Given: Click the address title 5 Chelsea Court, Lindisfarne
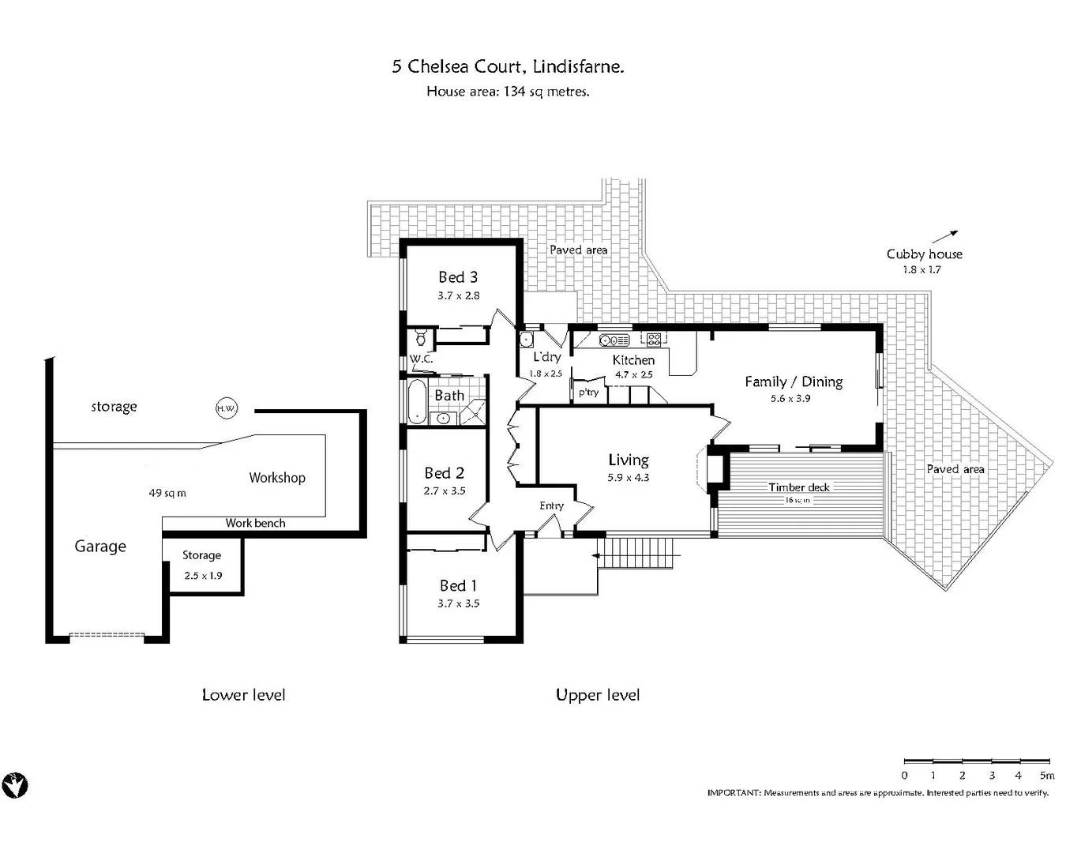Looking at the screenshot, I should pos(508,66).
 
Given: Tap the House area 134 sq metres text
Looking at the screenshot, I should pos(508,92).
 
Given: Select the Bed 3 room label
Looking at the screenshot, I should pos(458,277).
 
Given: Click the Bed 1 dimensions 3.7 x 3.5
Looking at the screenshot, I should pos(458,603).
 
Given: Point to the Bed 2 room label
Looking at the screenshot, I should pos(444,473).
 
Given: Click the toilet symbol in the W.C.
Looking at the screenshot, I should pos(421,339).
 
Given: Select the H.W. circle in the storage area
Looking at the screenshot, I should pos(226,408).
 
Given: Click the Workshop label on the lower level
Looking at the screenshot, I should pos(276,478).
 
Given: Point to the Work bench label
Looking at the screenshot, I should pos(255,523).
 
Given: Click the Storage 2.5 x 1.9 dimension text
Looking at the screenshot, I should pos(203,576).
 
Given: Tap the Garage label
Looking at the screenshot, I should pos(100,547).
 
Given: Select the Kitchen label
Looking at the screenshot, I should pos(633,360).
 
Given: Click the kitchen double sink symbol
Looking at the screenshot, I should pos(614,340).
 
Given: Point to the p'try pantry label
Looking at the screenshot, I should pos(588,393).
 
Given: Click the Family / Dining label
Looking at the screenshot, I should pos(794,382).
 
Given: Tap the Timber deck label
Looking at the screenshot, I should pos(799,487).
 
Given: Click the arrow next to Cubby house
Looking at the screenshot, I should pos(944,236).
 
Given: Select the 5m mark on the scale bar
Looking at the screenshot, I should pos(1047,776).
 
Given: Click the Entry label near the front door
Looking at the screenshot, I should pos(551,505).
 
